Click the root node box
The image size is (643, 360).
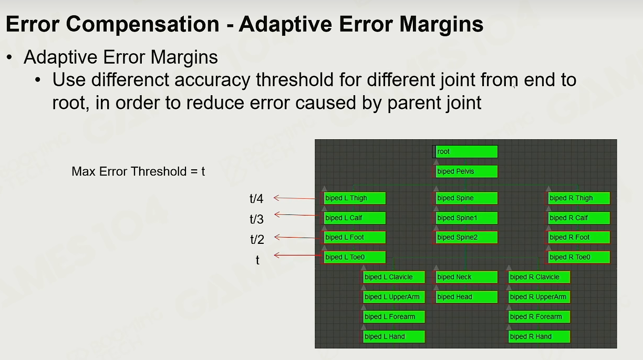pos(465,151)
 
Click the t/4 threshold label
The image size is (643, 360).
pos(256,199)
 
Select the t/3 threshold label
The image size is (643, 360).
pos(256,219)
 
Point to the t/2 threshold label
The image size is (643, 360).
pos(257,240)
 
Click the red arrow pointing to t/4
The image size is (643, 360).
pos(295,198)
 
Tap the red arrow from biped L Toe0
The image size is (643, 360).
pos(297,255)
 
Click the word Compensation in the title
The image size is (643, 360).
pos(143,25)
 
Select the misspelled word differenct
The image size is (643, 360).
pos(130,79)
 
